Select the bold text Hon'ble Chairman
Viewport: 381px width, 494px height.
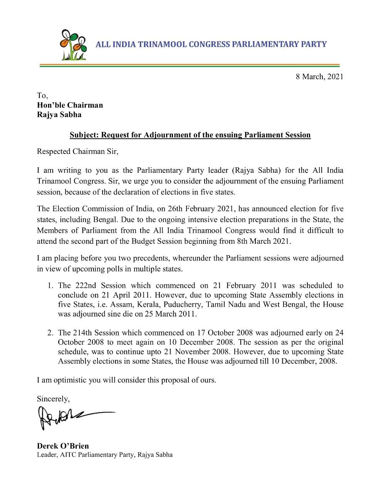(70, 105)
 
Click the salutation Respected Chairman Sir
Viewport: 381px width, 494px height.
(77, 151)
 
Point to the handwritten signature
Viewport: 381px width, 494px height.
(73, 417)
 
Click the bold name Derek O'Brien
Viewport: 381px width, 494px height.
(63, 446)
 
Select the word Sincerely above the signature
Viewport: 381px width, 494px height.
(53, 399)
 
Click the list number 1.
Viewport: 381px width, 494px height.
(50, 286)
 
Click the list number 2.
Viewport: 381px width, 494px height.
(50, 333)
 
